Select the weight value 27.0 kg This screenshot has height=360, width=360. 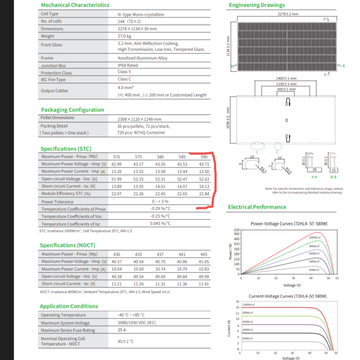click(125, 36)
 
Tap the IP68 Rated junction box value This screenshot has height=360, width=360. click(128, 65)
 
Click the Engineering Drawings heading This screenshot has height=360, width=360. click(257, 5)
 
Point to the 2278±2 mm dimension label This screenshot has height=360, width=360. click(288, 14)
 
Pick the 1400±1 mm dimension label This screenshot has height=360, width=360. click(286, 78)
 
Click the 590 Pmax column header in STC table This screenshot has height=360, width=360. click(204, 157)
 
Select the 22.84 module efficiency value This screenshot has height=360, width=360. click(204, 193)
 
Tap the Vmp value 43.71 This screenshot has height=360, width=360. click(204, 164)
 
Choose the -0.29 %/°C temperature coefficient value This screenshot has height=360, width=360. click(160, 209)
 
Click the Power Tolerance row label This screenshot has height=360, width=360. click(58, 202)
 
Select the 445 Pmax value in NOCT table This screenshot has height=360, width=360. click(204, 254)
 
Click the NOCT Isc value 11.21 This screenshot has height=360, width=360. click(117, 284)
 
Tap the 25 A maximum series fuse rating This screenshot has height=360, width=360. click(122, 330)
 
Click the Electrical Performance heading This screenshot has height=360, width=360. click(257, 207)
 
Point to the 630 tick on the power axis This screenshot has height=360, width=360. click(236, 230)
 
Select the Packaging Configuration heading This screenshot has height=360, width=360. click(72, 110)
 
